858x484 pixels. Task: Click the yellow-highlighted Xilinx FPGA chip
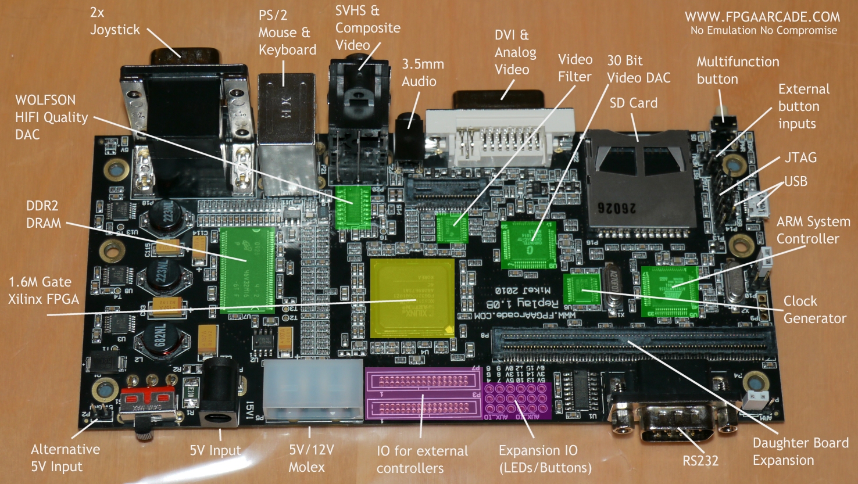point(412,298)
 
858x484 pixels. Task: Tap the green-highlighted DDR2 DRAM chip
point(247,270)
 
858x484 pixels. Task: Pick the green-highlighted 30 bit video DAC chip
point(528,245)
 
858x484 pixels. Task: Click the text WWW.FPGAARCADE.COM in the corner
point(762,17)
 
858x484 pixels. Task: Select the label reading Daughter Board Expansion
point(800,451)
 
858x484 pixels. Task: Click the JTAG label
point(800,157)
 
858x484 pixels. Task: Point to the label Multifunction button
point(738,70)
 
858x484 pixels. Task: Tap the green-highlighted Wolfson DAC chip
point(353,207)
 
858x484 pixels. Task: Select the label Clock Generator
point(814,310)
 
